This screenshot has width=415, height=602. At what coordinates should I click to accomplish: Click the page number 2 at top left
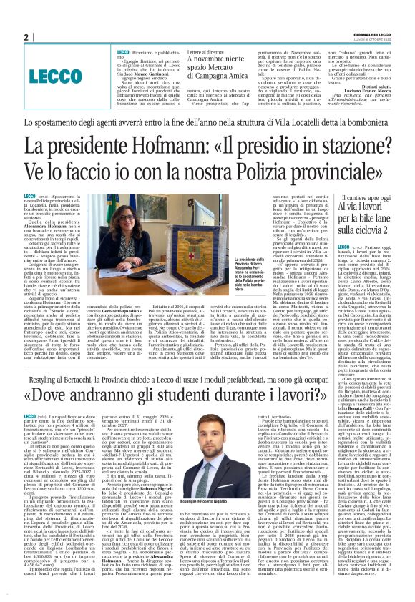pyautogui.click(x=26, y=37)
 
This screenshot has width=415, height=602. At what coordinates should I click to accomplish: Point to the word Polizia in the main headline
pyautogui.click(x=248, y=172)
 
